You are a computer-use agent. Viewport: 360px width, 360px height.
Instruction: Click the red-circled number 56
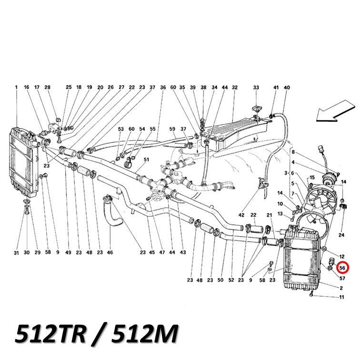pyautogui.click(x=342, y=268)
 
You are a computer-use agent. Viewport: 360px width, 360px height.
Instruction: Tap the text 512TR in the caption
pyautogui.click(x=51, y=334)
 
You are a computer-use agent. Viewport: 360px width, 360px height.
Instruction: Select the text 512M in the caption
pyautogui.click(x=145, y=334)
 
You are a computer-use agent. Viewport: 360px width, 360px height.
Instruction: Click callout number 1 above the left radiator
pyautogui.click(x=16, y=87)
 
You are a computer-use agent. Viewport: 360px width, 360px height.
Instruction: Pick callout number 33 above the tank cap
pyautogui.click(x=256, y=88)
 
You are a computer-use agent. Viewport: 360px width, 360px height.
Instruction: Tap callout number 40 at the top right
pyautogui.click(x=287, y=88)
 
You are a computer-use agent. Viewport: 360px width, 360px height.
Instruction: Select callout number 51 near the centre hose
pyautogui.click(x=146, y=160)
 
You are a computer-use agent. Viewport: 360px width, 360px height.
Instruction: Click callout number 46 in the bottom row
pyautogui.click(x=110, y=252)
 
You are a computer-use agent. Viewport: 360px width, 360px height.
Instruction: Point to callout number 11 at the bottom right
pyautogui.click(x=341, y=297)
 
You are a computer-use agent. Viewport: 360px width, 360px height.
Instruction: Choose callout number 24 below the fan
pyautogui.click(x=341, y=235)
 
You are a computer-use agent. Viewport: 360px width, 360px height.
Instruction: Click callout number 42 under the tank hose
pyautogui.click(x=241, y=215)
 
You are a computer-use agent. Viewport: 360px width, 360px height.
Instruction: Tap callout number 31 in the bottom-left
pyautogui.click(x=16, y=253)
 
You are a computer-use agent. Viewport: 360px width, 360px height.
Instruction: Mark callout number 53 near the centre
pyautogui.click(x=121, y=129)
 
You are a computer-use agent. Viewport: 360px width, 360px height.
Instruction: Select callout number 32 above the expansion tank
pyautogui.click(x=235, y=88)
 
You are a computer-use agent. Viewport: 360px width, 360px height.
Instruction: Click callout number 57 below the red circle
pyautogui.click(x=342, y=278)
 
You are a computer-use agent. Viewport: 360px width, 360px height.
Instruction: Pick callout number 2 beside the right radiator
pyautogui.click(x=341, y=288)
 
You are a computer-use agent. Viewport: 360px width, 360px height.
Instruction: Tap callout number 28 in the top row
pyautogui.click(x=47, y=87)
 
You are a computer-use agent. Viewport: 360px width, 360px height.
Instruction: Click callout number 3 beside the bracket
pyautogui.click(x=286, y=173)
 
